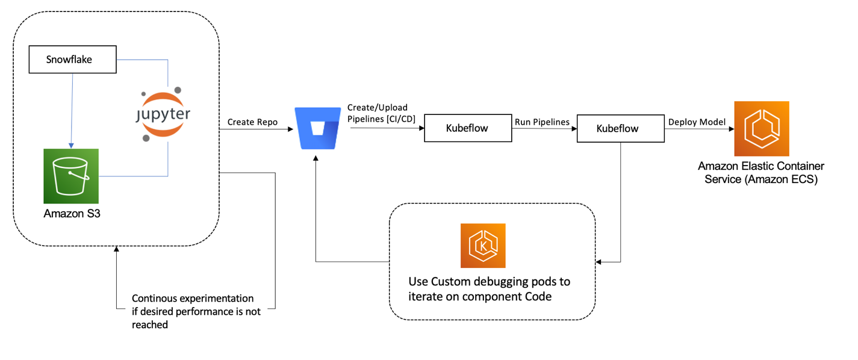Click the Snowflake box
click(73, 60)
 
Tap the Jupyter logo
click(161, 114)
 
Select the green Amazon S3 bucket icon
click(70, 176)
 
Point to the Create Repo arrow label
click(252, 122)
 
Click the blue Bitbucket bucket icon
click(317, 128)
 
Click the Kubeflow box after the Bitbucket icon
click(468, 128)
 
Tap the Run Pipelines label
click(542, 122)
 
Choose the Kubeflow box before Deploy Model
click(620, 128)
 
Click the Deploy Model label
click(696, 122)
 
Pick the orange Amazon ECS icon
click(761, 128)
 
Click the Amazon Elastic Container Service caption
click(761, 172)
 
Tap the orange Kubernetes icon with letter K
click(483, 246)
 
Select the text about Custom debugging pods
click(489, 289)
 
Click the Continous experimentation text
click(193, 311)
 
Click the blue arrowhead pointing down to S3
click(71, 145)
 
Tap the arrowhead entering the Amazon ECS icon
click(730, 128)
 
